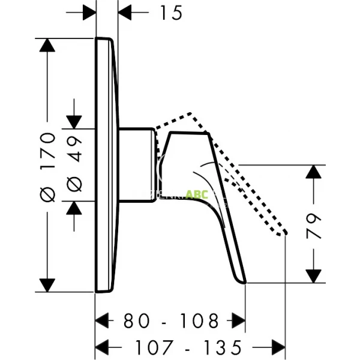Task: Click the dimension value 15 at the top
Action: [x=171, y=12]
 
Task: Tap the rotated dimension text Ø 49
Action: [x=75, y=166]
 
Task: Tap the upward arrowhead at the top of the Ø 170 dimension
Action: [x=47, y=47]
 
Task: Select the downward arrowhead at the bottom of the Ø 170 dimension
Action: [x=47, y=284]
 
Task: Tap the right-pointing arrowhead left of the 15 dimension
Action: [x=88, y=11]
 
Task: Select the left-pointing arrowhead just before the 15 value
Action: [x=128, y=11]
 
